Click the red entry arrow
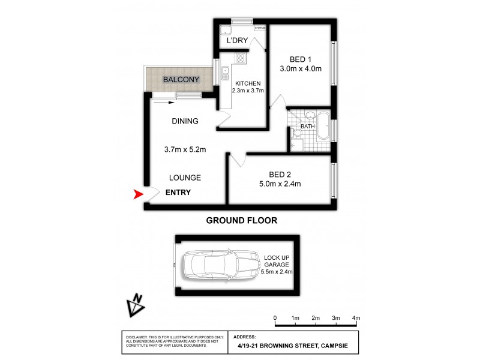138,194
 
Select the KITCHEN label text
247,83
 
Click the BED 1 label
301,59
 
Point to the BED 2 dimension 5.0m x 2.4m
280,184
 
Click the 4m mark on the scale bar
356,317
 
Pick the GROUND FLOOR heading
242,220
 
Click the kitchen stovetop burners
240,58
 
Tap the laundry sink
225,32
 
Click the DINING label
185,121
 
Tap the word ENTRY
178,193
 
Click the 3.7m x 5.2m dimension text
185,150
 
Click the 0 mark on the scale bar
275,317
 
